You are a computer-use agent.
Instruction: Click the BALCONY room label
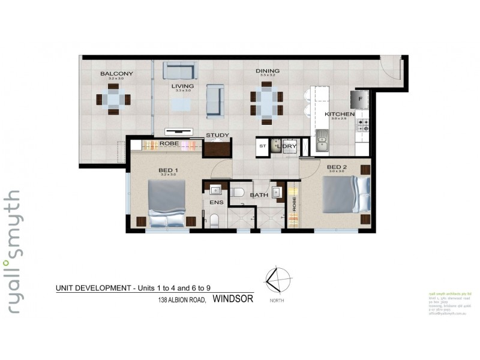[x=117, y=74]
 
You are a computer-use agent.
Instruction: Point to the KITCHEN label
[x=340, y=113]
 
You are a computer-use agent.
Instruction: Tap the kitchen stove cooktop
[x=363, y=125]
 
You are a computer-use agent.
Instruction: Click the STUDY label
[x=217, y=135]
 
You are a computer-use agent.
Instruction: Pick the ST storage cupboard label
[x=262, y=146]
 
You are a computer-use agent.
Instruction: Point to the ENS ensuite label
[x=216, y=203]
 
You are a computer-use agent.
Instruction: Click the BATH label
[x=259, y=194]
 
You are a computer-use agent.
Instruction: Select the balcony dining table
[x=113, y=99]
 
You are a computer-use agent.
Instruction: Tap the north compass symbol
[x=277, y=280]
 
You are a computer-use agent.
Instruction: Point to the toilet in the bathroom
[x=238, y=192]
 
